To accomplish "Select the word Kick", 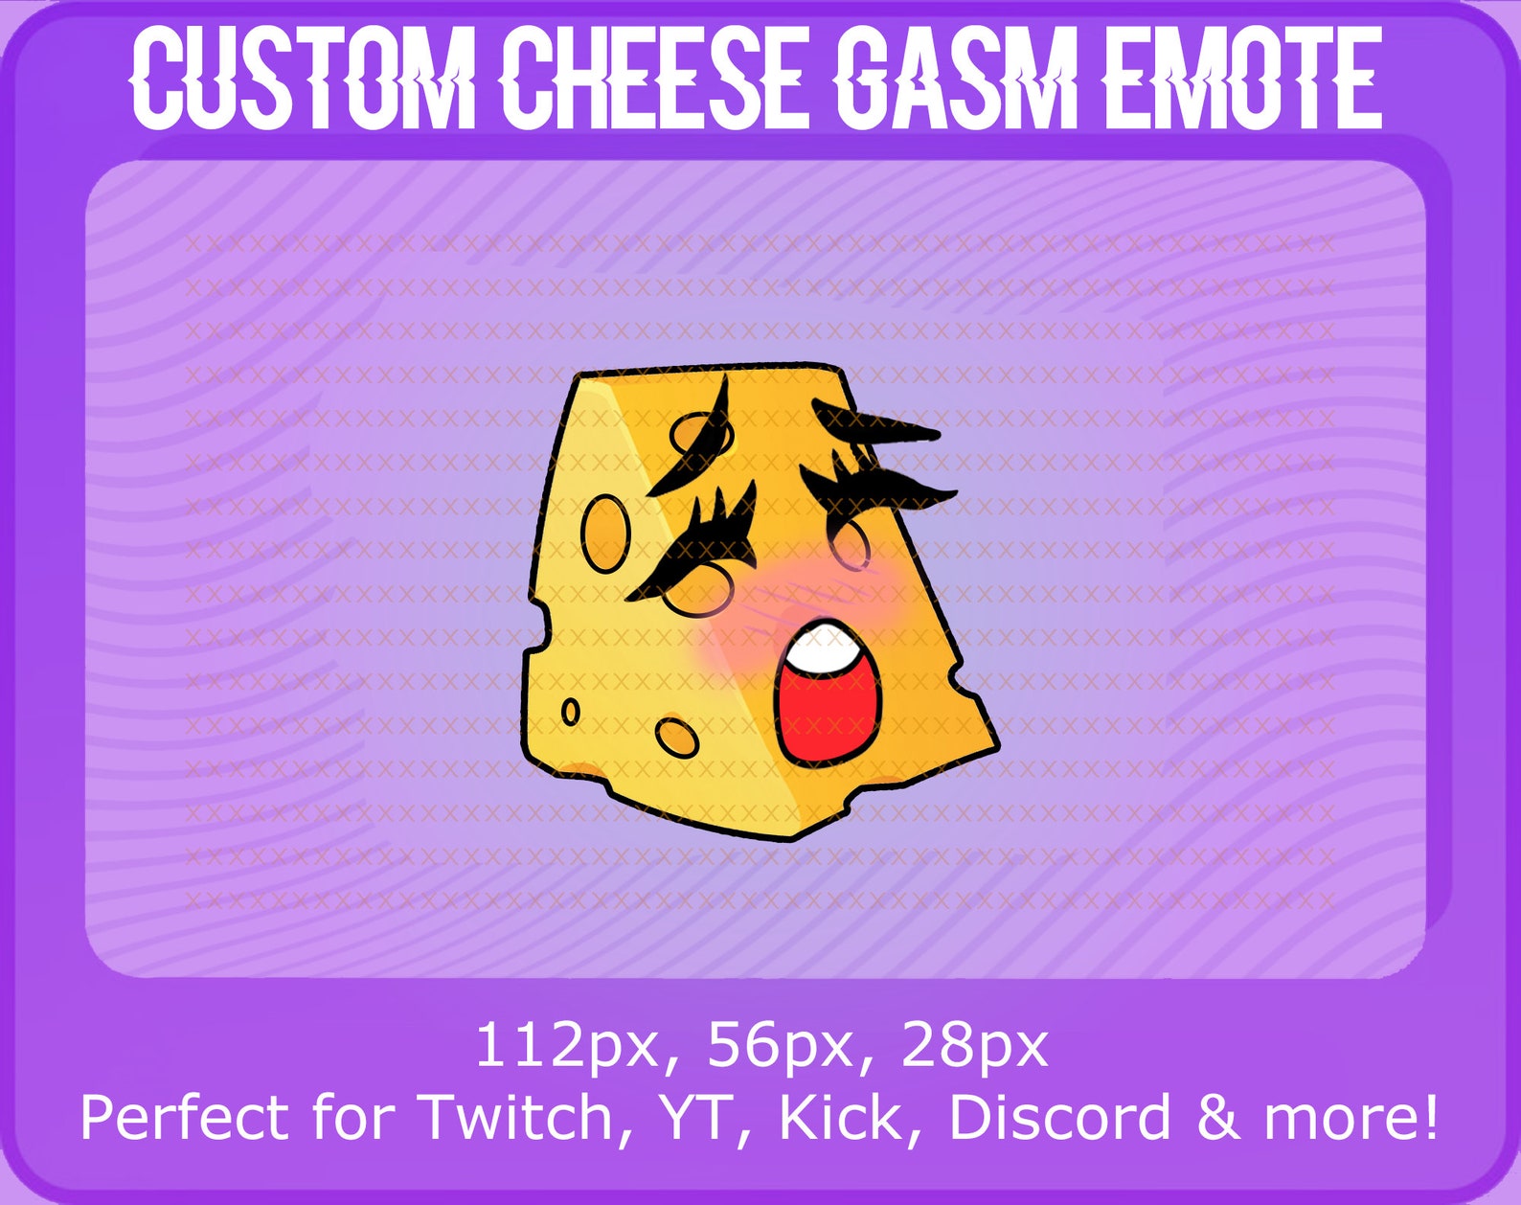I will (x=841, y=1117).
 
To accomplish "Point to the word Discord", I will (x=1059, y=1117).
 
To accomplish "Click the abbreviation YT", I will (x=704, y=1117).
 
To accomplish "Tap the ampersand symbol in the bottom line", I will (x=1216, y=1117).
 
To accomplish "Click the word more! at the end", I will (x=1351, y=1117).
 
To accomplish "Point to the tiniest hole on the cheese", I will (x=570, y=712).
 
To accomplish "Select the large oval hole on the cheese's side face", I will (x=605, y=533).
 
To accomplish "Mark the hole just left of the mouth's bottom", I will (x=677, y=737).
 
